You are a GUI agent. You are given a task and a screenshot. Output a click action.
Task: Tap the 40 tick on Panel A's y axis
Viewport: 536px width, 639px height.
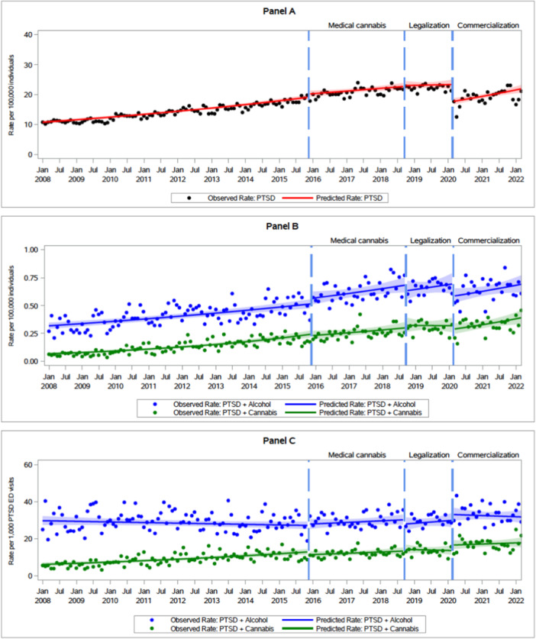(x=27, y=34)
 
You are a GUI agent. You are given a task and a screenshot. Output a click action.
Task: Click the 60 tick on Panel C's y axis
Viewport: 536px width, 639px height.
(x=27, y=464)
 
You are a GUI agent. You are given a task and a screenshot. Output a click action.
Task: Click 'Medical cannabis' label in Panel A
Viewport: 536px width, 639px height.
(x=357, y=25)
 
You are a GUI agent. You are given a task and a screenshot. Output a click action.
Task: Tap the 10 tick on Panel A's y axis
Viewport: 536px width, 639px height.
(x=27, y=124)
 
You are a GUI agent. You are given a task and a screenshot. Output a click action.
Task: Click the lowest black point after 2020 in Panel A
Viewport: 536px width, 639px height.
(x=457, y=117)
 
